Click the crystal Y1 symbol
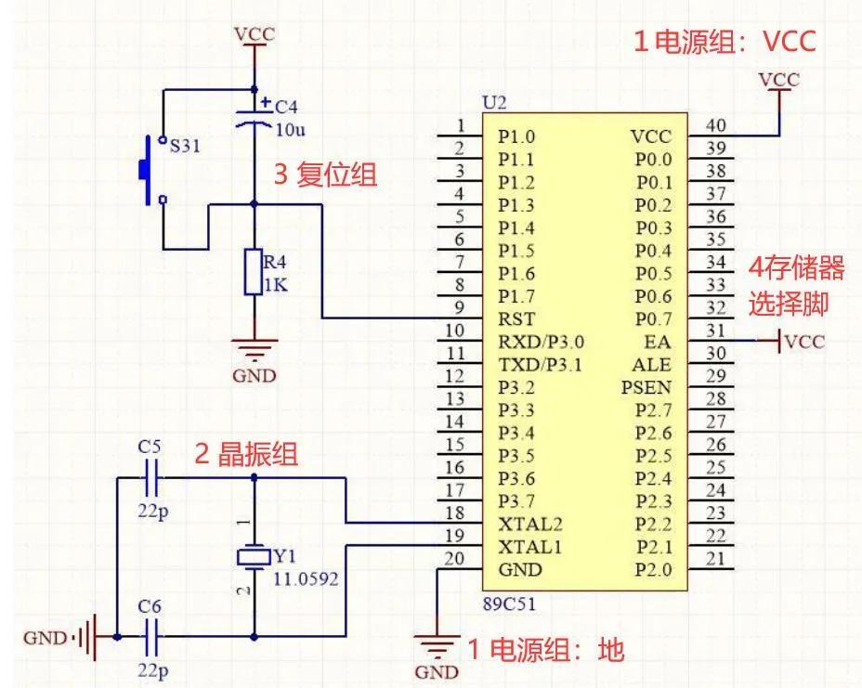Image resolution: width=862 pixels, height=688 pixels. pos(254,557)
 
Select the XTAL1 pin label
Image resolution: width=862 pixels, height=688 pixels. pos(529,546)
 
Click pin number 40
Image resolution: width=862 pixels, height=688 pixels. pos(715,125)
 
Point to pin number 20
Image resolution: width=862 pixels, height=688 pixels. pos(454,558)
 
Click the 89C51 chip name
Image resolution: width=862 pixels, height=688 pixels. pos(509,604)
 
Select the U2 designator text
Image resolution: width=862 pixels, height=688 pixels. pos(494,101)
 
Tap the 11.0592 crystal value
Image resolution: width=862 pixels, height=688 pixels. pos(305,579)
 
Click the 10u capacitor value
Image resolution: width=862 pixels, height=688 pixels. pos(290,129)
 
